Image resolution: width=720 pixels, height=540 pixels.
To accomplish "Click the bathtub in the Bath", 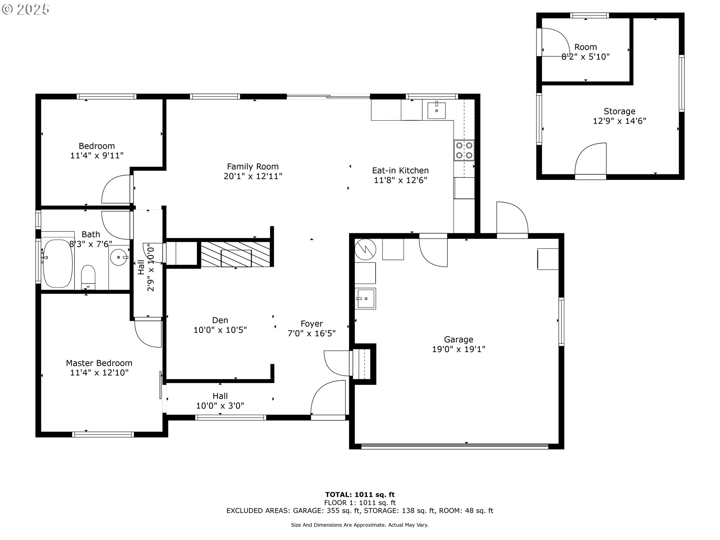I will [57, 263].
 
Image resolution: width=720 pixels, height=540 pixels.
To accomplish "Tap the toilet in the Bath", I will [88, 277].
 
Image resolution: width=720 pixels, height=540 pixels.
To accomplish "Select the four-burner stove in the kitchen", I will [464, 150].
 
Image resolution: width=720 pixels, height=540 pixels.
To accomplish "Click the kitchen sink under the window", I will [436, 110].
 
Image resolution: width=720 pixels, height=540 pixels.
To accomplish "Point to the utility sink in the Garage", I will [365, 298].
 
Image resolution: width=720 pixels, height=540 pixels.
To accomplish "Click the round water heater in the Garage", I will [365, 249].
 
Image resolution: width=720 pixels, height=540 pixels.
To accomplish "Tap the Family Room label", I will [253, 166].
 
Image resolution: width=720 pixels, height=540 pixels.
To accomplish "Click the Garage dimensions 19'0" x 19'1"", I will [459, 349].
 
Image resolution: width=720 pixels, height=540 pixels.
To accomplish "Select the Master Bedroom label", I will [99, 363].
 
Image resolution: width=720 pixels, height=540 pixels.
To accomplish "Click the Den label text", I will [220, 320].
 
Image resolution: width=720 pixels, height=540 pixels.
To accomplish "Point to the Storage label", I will [619, 111].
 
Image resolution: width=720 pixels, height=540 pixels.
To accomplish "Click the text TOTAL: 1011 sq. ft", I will [360, 495].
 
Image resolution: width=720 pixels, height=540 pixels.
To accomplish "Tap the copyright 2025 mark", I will [25, 9].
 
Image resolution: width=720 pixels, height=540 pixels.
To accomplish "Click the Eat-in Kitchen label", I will [400, 171].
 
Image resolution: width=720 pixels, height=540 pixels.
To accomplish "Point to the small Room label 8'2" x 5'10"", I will [585, 52].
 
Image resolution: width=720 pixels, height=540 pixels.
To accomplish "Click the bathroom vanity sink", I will [119, 257].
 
